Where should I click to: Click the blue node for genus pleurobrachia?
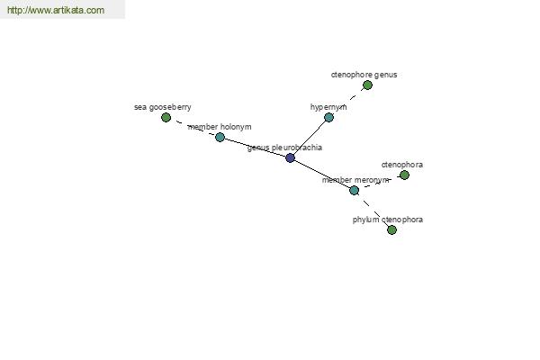tap(291, 157)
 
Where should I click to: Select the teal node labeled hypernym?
tap(328, 118)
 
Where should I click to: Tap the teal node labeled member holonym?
tap(220, 138)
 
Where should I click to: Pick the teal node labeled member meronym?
tap(354, 190)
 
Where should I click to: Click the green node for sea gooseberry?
tap(166, 118)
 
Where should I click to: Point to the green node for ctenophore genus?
tap(367, 85)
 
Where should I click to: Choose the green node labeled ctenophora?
tap(404, 175)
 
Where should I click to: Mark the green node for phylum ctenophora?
tap(391, 229)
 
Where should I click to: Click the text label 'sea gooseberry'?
tap(163, 107)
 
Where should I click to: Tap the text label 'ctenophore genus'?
tap(364, 75)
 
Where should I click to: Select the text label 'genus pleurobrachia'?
tap(284, 148)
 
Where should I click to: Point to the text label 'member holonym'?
tap(220, 127)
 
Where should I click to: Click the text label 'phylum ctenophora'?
tap(388, 220)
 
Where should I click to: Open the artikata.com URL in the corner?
tap(56, 10)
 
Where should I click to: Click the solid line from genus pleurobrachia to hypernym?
tap(310, 138)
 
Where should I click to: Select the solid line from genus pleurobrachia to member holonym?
tap(255, 148)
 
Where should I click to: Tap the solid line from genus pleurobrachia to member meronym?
tap(322, 174)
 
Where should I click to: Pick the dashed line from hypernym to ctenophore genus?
tap(348, 102)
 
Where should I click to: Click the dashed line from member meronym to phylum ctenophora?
tap(373, 210)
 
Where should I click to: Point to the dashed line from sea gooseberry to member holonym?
tap(193, 128)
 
